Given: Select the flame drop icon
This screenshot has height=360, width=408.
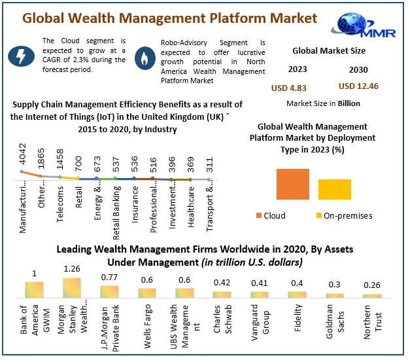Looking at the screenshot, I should [x=143, y=58].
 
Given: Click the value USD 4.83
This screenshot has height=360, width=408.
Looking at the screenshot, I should [x=289, y=88].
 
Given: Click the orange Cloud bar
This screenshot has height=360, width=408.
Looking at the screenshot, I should [x=292, y=184].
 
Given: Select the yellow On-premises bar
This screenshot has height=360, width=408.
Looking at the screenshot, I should [x=335, y=189].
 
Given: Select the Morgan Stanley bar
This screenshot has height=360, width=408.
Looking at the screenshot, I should [x=72, y=288].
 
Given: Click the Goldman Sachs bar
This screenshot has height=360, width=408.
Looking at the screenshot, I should [x=335, y=295].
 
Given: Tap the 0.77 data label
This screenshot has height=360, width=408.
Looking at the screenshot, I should [x=109, y=277].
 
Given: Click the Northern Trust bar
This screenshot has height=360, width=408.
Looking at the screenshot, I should [x=373, y=296].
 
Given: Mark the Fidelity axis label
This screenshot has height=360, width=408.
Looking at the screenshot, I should [x=298, y=319].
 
